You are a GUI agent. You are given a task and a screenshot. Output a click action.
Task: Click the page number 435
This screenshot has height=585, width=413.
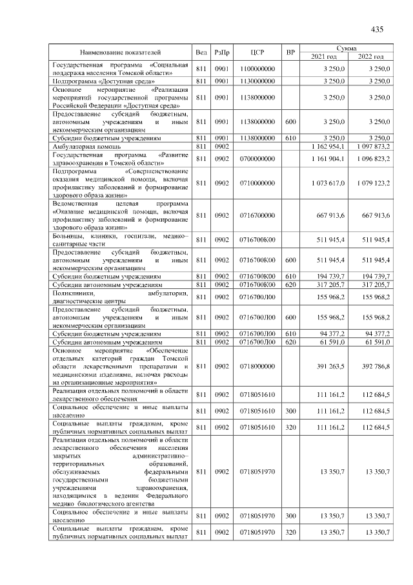378,29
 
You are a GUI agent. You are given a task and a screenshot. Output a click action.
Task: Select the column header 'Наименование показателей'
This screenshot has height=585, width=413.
120,52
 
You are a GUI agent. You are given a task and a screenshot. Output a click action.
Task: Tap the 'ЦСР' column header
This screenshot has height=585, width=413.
257,52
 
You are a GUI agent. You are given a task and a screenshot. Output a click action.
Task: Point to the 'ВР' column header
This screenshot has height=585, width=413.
290,52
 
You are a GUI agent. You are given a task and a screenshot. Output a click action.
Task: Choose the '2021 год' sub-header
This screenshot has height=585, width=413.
328,57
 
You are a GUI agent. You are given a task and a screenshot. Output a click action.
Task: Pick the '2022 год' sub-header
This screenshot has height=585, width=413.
374,57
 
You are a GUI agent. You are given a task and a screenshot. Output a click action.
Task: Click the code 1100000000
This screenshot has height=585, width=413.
257,69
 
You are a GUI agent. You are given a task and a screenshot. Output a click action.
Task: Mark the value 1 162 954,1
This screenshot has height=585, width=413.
328,147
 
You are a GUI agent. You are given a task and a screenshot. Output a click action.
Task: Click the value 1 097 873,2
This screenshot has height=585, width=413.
374,147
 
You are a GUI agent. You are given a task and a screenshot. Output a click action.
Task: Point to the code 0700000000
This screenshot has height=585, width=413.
257,159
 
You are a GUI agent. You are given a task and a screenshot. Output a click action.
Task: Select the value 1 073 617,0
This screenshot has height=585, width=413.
328,184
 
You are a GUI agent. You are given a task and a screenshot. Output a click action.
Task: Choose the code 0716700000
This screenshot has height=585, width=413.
257,215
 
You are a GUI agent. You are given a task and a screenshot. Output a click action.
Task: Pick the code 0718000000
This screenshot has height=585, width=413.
257,365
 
